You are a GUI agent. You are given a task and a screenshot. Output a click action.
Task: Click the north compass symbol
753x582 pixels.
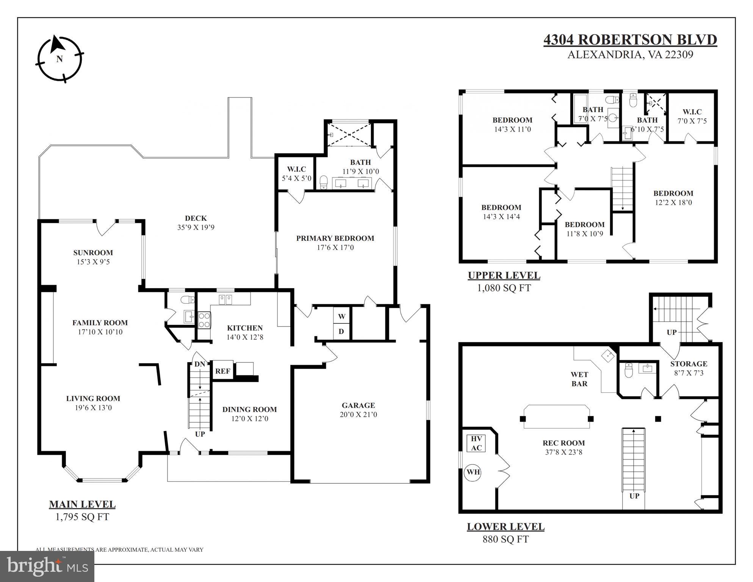59,59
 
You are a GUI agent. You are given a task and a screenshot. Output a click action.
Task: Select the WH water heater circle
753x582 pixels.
473,472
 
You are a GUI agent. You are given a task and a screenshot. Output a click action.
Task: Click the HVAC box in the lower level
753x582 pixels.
476,443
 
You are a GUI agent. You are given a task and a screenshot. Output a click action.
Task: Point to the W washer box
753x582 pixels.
341,316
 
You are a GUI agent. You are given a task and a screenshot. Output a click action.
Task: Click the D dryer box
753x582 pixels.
341,331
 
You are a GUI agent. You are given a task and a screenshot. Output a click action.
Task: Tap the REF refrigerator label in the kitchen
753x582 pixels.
223,371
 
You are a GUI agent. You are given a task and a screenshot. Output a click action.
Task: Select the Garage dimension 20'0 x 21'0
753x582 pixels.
358,414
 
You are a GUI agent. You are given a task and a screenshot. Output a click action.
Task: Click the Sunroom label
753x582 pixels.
93,253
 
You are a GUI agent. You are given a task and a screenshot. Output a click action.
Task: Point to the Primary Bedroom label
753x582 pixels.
335,238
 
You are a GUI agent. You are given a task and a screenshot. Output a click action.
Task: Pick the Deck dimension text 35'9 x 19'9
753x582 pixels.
196,227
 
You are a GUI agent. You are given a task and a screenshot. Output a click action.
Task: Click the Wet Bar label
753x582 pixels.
579,379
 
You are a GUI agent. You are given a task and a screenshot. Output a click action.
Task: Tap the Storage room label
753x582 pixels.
689,364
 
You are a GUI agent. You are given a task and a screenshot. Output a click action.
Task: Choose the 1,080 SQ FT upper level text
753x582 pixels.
504,288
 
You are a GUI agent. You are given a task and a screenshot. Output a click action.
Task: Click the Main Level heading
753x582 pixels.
82,504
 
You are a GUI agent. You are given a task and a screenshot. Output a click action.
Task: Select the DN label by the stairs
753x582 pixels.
200,364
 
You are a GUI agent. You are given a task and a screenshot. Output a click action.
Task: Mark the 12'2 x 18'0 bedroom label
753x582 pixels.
673,202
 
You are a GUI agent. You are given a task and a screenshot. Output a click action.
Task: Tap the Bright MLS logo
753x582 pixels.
47,566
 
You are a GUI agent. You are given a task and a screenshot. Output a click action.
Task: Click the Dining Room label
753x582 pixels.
249,409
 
